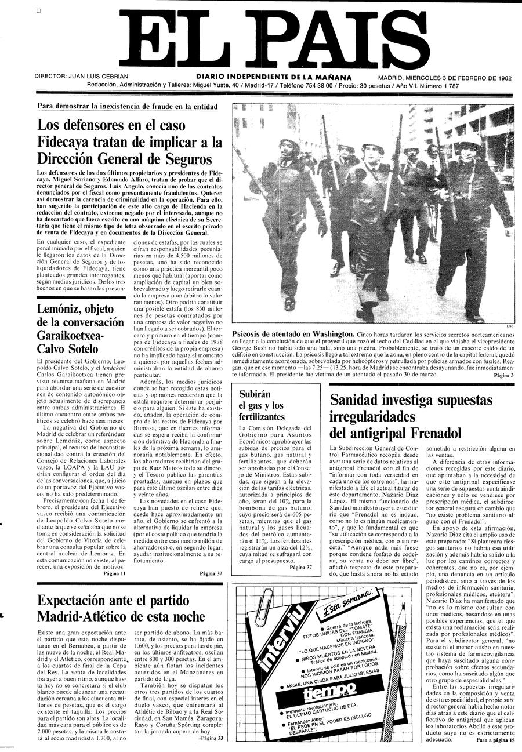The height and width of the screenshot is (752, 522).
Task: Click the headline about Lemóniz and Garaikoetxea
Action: pos(81,329)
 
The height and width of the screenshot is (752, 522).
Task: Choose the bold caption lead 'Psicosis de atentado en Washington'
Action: pos(293,334)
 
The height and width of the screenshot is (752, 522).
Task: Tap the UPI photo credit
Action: pos(510,325)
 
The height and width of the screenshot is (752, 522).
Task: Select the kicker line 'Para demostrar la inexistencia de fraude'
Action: pos(127,106)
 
